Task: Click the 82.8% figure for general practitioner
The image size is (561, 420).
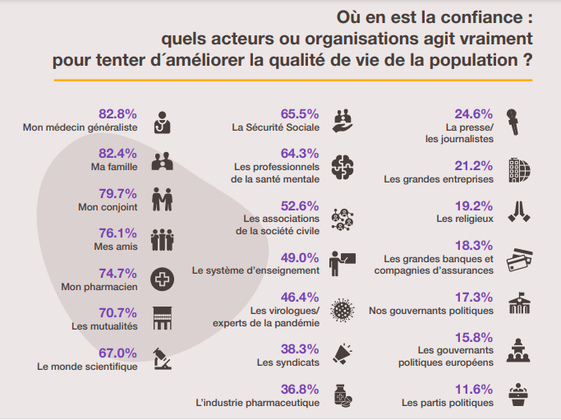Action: click(117, 114)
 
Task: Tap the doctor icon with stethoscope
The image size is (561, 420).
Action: click(162, 122)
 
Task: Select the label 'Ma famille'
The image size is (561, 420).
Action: click(114, 167)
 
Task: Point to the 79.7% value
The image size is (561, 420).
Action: click(117, 194)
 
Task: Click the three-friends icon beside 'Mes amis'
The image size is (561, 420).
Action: click(162, 239)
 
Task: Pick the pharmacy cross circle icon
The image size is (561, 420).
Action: click(162, 279)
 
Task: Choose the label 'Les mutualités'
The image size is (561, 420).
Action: click(104, 326)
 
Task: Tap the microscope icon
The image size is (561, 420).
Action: click(162, 358)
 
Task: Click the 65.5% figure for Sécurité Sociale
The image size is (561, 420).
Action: click(300, 114)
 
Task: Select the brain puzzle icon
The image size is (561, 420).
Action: click(343, 167)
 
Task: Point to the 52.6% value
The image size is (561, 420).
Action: click(300, 205)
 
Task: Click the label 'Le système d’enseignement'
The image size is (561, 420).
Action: click(255, 270)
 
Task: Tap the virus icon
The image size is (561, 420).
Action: click(343, 310)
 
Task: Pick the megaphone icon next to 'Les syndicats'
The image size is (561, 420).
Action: click(343, 353)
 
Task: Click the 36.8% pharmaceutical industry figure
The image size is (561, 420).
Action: click(300, 390)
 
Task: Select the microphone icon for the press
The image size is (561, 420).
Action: click(513, 122)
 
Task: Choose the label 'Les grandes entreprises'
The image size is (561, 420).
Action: click(439, 179)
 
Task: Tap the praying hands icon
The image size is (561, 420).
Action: click(519, 211)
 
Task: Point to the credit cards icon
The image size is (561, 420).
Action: click(519, 260)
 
